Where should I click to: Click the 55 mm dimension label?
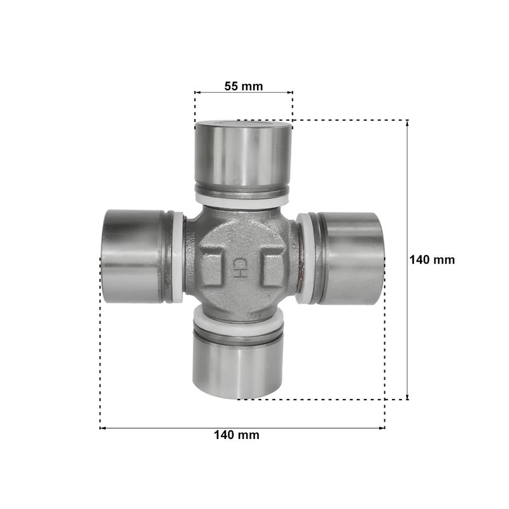[244, 86]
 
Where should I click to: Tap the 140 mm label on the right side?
[432, 260]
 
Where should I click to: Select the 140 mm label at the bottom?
[237, 435]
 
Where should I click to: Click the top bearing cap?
[242, 157]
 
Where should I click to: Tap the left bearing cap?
[133, 256]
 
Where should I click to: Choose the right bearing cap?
[351, 258]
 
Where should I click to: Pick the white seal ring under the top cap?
[242, 201]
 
